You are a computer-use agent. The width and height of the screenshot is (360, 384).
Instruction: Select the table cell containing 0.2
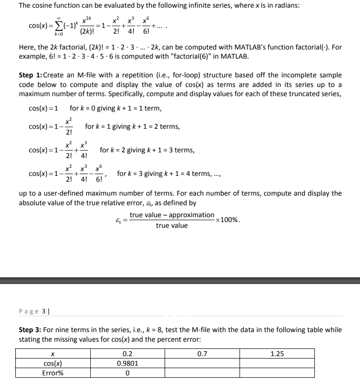click(x=127, y=354)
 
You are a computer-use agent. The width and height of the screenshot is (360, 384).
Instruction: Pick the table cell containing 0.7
click(x=202, y=354)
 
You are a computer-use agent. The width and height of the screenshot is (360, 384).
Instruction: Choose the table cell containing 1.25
click(x=277, y=354)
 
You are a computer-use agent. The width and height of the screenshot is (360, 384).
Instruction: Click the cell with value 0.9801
click(x=127, y=363)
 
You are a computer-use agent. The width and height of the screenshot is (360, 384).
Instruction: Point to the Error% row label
click(x=52, y=372)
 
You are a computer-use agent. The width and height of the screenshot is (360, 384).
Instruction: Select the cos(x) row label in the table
click(x=52, y=363)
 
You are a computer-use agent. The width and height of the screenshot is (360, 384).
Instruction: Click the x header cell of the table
click(x=52, y=354)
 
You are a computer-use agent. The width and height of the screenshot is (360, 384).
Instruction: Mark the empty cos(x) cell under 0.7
click(x=202, y=363)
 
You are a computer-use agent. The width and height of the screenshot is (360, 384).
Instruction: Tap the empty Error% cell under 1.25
click(x=277, y=372)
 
